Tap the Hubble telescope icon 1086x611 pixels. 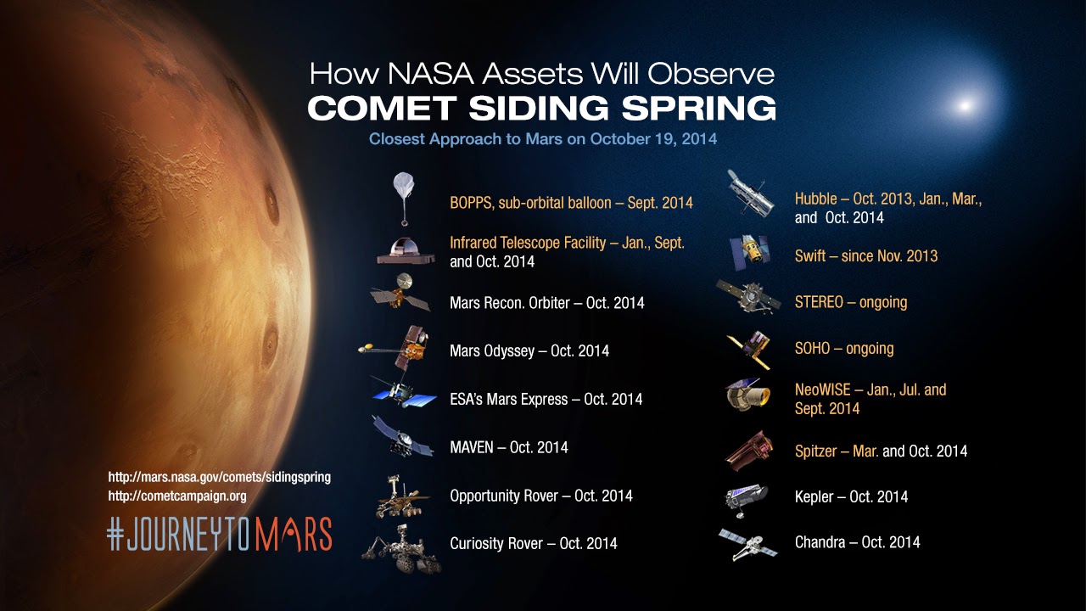[749, 193]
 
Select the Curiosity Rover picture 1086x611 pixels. [401, 548]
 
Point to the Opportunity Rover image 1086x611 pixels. [401, 496]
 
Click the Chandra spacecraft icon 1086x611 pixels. [748, 544]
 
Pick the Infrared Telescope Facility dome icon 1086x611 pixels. [406, 250]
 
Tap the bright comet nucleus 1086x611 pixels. [965, 105]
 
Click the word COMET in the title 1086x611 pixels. [382, 108]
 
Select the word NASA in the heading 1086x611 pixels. [430, 74]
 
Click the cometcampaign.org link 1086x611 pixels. [177, 496]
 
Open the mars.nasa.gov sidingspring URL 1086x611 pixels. [219, 477]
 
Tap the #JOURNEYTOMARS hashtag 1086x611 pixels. [220, 534]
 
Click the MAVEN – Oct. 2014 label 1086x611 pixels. [509, 447]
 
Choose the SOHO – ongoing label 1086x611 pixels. [844, 348]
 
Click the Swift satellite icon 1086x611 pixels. [749, 252]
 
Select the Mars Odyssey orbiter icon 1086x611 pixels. [395, 347]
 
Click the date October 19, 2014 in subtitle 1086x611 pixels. [653, 139]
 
